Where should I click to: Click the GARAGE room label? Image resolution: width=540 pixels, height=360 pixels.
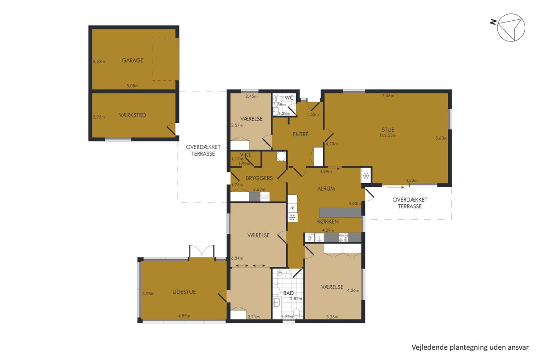click(133, 60)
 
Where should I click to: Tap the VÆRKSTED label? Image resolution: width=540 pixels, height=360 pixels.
click(133, 115)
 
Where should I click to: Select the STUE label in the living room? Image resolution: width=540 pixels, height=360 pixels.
click(388, 130)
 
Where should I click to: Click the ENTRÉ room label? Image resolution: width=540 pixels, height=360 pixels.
click(301, 134)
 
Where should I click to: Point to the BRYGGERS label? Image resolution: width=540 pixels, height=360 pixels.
click(259, 178)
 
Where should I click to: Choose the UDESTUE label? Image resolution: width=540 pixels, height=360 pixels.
click(184, 292)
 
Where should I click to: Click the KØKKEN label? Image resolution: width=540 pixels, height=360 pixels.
click(328, 221)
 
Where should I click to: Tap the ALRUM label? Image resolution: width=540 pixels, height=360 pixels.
click(326, 189)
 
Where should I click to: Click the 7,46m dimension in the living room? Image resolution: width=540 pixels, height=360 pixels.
click(388, 96)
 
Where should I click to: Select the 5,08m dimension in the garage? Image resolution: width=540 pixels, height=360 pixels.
click(133, 86)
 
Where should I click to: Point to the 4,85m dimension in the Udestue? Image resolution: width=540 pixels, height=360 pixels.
click(184, 316)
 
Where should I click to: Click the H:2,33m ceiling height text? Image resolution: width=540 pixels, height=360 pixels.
click(388, 135)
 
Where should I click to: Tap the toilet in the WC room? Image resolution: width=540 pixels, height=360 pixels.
click(279, 99)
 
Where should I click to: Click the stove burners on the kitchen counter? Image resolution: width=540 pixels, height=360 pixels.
click(343, 237)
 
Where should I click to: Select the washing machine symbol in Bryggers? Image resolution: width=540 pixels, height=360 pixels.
click(265, 197)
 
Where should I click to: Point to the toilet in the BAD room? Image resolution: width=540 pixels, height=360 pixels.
click(297, 314)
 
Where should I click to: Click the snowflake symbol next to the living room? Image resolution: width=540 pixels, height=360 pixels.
click(366, 176)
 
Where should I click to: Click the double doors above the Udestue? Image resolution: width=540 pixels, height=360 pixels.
click(202, 251)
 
